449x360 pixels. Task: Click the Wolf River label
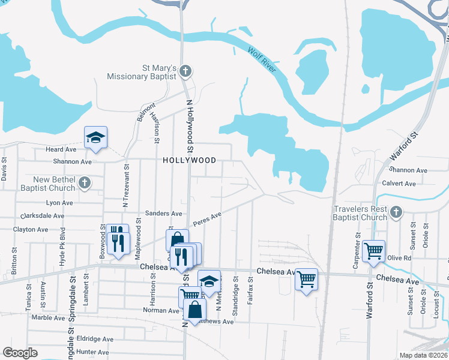tap(262, 61)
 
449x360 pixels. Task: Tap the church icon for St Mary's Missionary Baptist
tap(185, 71)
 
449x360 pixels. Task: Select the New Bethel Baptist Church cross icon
tap(85, 182)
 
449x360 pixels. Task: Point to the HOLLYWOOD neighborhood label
tap(189, 161)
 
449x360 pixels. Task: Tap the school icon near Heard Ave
tap(95, 137)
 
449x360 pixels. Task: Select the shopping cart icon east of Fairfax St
tap(306, 278)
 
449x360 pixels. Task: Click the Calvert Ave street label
tap(399, 184)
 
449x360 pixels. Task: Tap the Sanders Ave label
tap(163, 213)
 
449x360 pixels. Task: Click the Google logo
tap(20, 353)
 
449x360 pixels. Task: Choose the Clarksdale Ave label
tap(43, 215)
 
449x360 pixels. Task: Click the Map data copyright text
tap(424, 355)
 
